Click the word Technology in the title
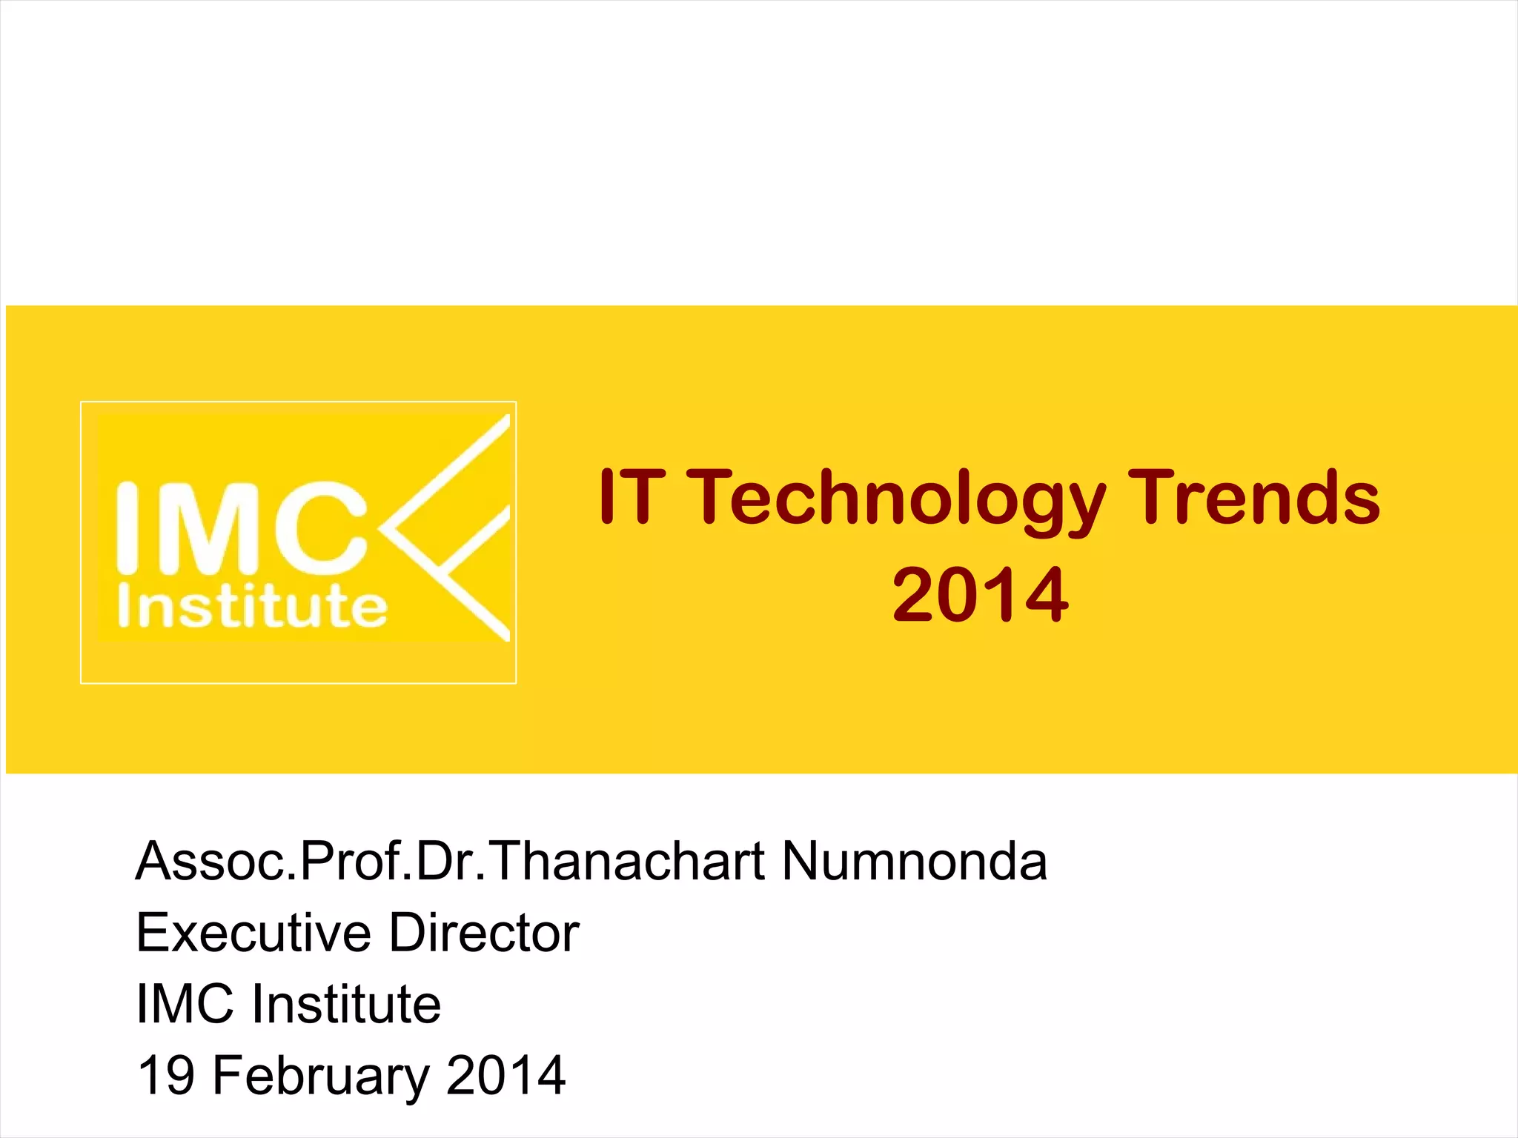point(898,498)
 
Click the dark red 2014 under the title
point(980,594)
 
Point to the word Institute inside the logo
point(252,607)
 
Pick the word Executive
point(253,932)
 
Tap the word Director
point(484,932)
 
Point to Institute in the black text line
point(346,1003)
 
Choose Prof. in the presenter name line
point(356,861)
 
